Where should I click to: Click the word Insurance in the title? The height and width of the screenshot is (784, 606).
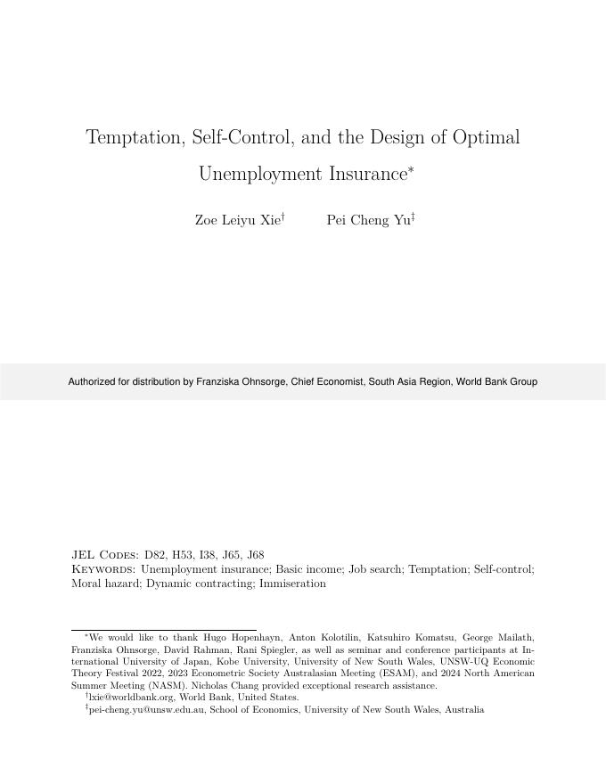click(366, 174)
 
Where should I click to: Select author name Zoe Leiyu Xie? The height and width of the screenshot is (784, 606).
click(237, 221)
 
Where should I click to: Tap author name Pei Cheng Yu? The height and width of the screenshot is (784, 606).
click(368, 221)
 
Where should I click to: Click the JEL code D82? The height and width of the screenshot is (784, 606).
click(155, 555)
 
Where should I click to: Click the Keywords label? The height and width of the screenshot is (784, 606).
click(103, 569)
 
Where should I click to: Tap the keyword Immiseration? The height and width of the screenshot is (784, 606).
click(291, 584)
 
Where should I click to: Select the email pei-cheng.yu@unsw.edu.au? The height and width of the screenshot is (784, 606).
click(147, 710)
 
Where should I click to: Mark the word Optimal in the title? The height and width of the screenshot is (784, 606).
click(486, 138)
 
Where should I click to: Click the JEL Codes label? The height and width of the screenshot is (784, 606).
click(105, 555)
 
